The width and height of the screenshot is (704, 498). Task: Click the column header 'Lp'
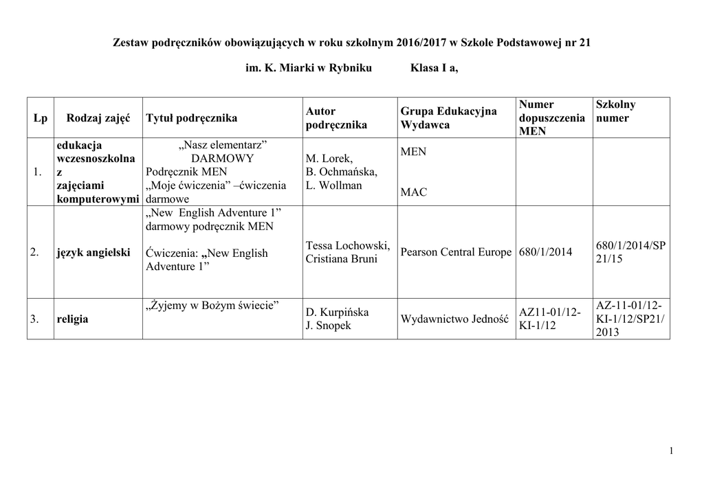[40, 118]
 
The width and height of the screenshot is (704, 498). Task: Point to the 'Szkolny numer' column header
[616, 111]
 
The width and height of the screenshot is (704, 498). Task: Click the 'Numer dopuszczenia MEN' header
[552, 117]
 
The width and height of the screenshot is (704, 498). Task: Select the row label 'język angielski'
[93, 253]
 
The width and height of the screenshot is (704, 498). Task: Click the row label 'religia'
[72, 319]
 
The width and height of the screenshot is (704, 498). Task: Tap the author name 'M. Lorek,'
[329, 159]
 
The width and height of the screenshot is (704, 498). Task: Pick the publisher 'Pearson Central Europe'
[456, 253]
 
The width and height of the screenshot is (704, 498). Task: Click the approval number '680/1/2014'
[546, 253]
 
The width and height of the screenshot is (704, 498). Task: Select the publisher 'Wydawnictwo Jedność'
[454, 319]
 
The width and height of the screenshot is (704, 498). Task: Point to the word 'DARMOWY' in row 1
[222, 159]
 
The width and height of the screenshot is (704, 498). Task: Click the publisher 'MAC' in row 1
[413, 192]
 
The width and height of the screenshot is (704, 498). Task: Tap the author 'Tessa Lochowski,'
[348, 246]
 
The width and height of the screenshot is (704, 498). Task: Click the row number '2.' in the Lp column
[35, 253]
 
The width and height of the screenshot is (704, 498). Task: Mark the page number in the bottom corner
[670, 450]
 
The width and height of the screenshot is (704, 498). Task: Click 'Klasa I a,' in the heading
[434, 69]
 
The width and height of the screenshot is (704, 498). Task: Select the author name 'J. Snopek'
[329, 326]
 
